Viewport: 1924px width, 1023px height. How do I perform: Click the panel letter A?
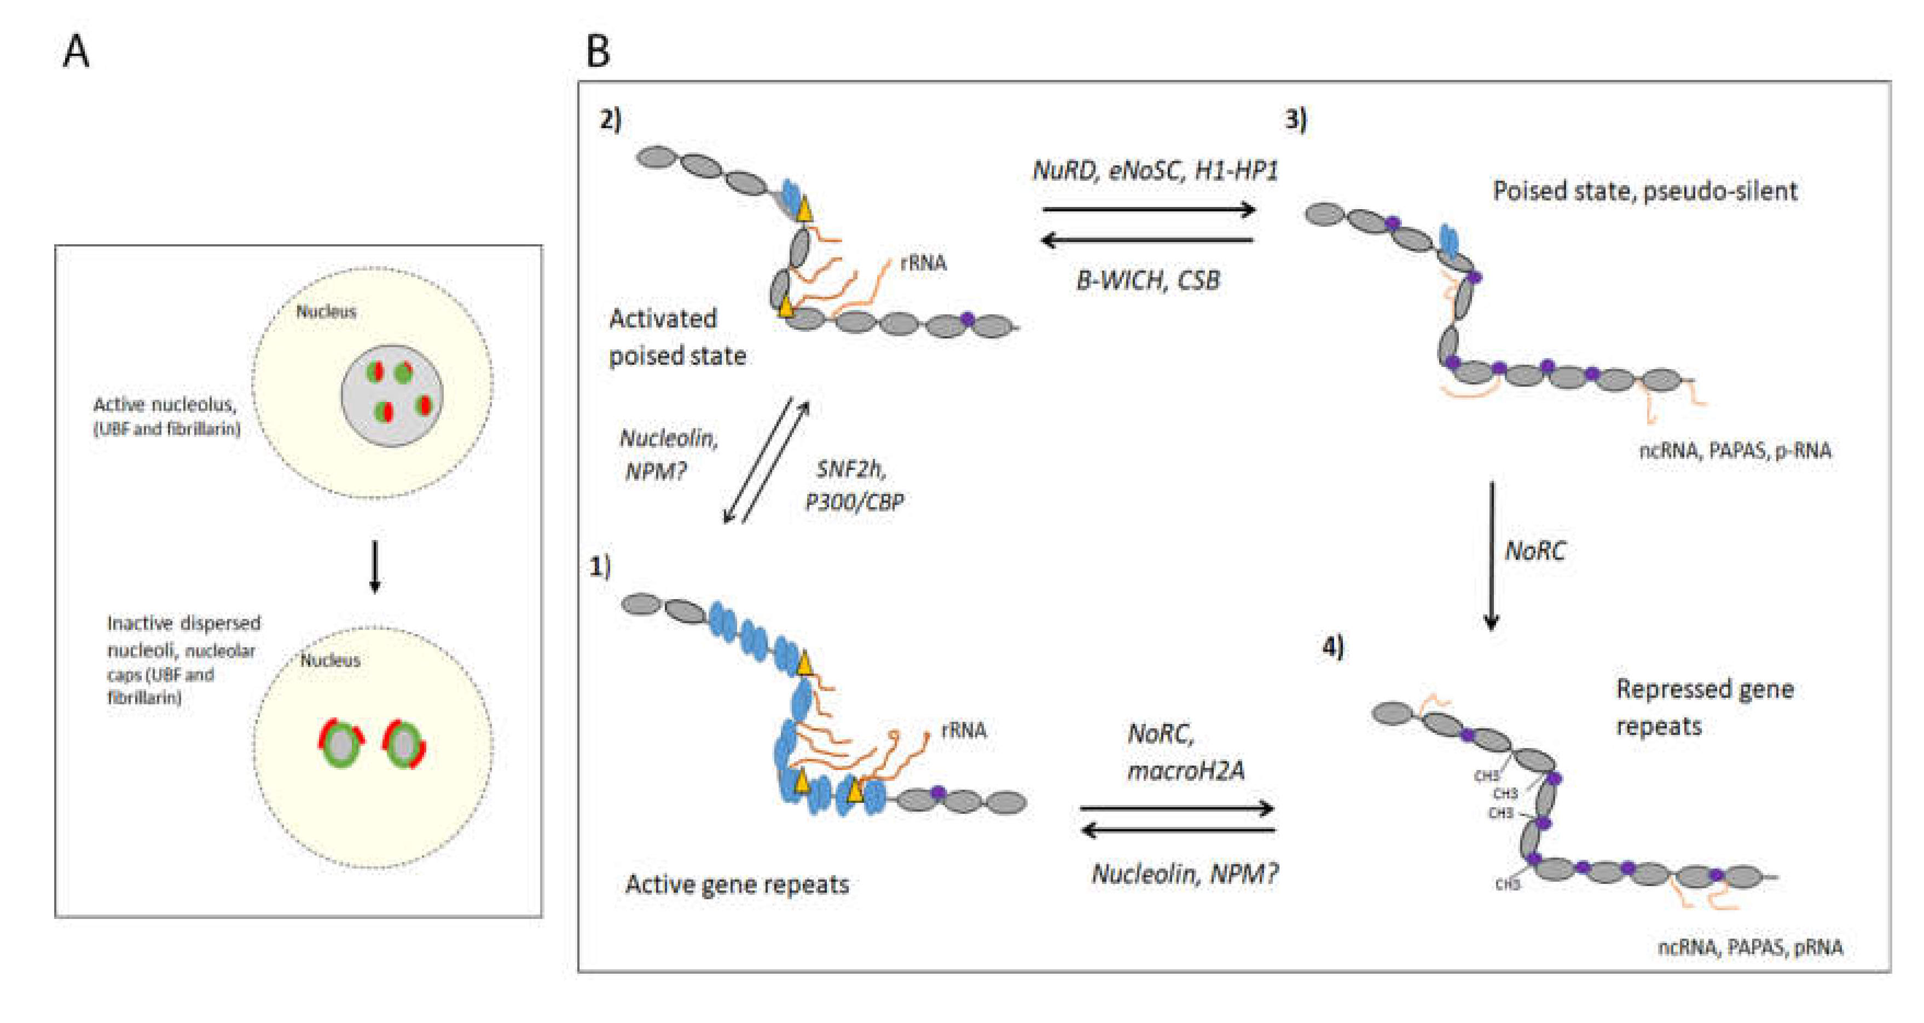[76, 53]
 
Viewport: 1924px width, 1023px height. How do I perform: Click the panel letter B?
[598, 53]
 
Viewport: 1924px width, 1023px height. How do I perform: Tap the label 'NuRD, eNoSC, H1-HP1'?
[1155, 171]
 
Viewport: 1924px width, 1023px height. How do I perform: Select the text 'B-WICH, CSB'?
[1148, 280]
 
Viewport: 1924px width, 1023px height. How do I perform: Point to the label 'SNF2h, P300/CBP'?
[854, 486]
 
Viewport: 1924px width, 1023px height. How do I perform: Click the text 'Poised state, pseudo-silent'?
[1645, 191]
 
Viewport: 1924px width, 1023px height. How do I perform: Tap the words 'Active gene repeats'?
[737, 885]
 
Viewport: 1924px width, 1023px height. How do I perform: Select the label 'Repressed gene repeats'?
[1705, 707]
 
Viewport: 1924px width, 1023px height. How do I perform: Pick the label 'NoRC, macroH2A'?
[1185, 752]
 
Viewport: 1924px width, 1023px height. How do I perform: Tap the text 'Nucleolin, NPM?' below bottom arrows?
[1185, 873]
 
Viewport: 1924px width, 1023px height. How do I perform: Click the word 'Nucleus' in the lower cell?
[330, 660]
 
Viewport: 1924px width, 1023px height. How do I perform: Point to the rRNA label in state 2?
[923, 263]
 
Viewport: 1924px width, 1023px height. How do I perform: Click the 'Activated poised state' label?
[677, 337]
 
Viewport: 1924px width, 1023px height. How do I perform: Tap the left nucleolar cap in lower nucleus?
[340, 744]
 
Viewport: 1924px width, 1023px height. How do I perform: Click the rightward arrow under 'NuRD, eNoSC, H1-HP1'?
[1148, 210]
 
